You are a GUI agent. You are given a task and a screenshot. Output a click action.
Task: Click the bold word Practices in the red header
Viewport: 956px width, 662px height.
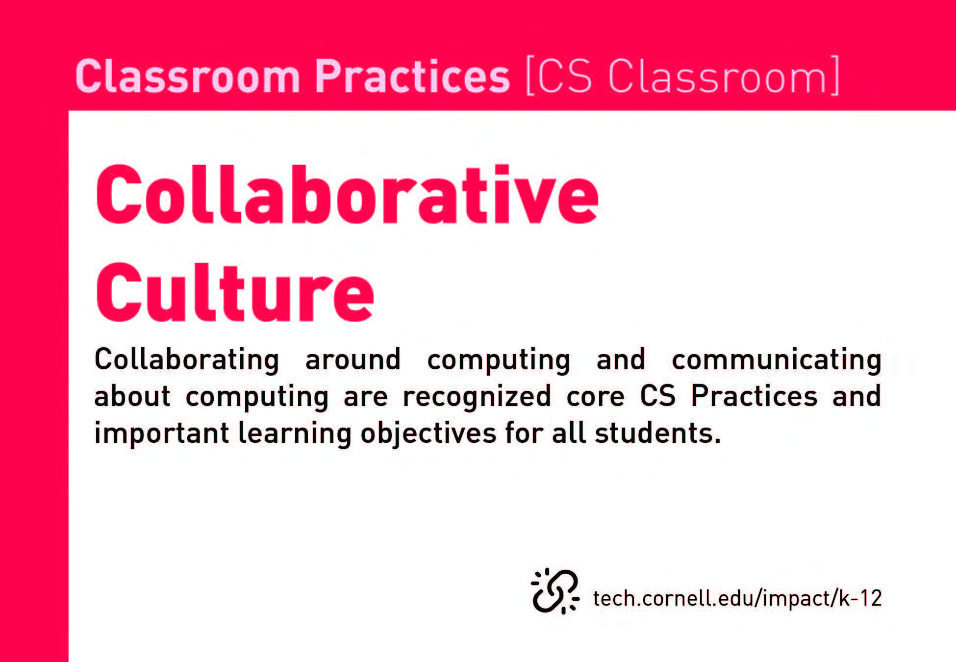point(412,76)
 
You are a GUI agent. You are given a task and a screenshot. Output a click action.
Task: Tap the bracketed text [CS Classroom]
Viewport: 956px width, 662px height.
point(682,76)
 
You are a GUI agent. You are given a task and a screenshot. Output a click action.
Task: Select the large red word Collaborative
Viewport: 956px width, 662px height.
point(347,195)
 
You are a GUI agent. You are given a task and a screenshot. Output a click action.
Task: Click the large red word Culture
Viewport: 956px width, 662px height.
point(235,292)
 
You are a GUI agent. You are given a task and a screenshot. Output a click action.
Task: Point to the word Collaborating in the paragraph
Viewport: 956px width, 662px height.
point(187,360)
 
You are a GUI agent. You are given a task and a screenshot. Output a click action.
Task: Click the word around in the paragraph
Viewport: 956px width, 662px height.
point(353,360)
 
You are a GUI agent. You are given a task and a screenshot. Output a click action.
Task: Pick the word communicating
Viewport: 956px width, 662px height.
point(777,360)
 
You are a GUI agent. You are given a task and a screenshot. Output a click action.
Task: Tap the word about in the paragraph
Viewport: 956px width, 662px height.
point(132,396)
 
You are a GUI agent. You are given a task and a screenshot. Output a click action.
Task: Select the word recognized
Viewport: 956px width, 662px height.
point(477,397)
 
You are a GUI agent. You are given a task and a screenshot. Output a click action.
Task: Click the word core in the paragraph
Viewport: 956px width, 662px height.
point(596,397)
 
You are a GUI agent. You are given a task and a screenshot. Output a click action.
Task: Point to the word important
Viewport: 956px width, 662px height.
point(162,433)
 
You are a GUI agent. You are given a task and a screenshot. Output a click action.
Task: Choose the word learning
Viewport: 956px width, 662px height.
point(295,433)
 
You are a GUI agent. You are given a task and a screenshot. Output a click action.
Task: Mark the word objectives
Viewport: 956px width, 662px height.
point(429,433)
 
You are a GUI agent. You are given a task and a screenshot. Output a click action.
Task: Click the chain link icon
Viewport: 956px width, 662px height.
point(555,591)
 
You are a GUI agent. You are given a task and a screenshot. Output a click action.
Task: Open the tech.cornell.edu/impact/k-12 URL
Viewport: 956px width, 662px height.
point(737,598)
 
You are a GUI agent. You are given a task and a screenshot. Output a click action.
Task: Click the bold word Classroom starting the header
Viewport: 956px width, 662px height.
point(188,76)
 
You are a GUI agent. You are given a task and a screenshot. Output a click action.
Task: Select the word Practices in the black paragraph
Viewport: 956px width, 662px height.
point(754,396)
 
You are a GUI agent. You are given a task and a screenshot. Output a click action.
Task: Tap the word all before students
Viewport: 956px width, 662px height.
point(569,433)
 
